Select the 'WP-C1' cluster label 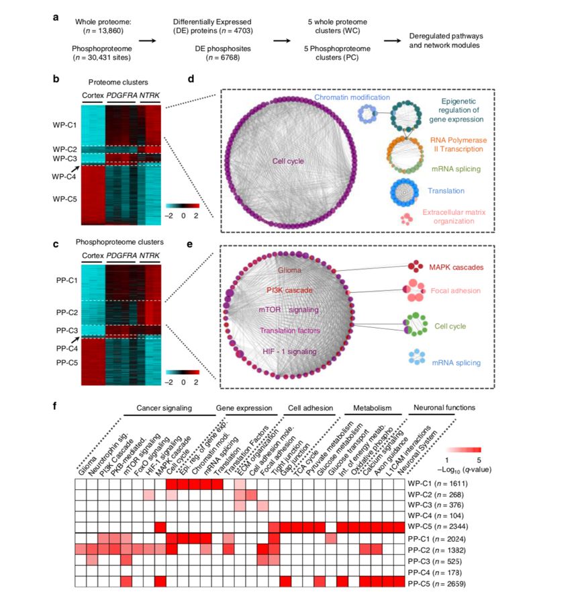tap(66, 125)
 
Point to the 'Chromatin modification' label tap(352, 97)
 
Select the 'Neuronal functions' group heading tap(444, 408)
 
